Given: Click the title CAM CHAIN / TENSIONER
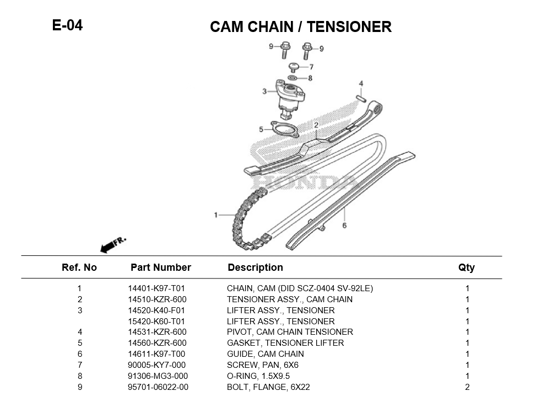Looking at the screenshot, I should (x=300, y=26).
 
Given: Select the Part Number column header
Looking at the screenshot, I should (x=160, y=267).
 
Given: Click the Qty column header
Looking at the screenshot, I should (x=466, y=267).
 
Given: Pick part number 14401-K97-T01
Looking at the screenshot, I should (x=156, y=288).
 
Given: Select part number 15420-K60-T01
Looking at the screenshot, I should (x=156, y=322).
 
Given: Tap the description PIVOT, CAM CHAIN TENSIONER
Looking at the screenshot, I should (x=290, y=332).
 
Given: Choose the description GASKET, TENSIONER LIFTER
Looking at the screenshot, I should (x=285, y=343).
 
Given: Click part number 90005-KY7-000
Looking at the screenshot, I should (x=156, y=365).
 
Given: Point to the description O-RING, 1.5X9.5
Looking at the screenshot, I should (x=258, y=376).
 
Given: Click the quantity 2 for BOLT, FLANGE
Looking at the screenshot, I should (x=467, y=387).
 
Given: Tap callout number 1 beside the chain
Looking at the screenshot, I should (x=216, y=215).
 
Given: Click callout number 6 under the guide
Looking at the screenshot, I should (x=344, y=226).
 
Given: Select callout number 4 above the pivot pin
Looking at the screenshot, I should (x=361, y=84).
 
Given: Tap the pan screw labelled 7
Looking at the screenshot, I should (x=295, y=67).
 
